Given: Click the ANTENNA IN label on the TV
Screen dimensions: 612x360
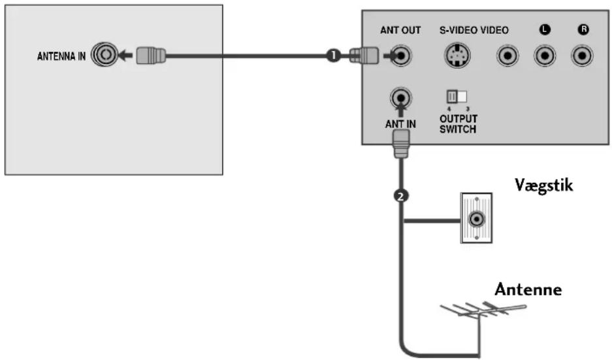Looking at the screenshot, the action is click(61, 57).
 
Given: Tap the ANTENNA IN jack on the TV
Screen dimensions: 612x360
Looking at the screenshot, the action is click(105, 55).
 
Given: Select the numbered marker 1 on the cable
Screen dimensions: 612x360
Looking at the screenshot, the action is click(333, 56).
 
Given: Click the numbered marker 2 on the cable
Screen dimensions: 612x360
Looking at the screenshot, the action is click(400, 195).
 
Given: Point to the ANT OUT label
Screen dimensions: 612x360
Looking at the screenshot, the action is click(400, 30).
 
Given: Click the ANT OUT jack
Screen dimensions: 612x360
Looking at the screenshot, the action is click(401, 56).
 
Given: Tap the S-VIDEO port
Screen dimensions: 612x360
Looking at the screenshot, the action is click(457, 56).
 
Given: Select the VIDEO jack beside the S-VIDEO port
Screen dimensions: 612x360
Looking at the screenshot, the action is click(507, 56).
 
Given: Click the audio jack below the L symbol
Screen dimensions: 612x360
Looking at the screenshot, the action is click(545, 56).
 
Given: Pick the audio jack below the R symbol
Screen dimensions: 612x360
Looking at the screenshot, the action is click(582, 56).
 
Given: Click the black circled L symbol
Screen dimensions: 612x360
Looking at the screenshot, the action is click(545, 29).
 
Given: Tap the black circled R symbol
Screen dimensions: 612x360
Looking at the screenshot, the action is click(583, 29).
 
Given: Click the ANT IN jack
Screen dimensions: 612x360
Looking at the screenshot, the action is click(400, 97).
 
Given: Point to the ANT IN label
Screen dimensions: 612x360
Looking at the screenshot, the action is click(400, 124).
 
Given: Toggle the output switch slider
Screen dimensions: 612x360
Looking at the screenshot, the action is click(457, 96).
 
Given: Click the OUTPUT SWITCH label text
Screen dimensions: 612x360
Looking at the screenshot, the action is click(459, 123).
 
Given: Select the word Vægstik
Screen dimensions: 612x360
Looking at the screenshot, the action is click(543, 185).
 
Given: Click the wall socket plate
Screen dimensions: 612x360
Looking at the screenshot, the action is click(476, 218).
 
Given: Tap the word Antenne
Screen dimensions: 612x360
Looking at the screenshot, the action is click(528, 289).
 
